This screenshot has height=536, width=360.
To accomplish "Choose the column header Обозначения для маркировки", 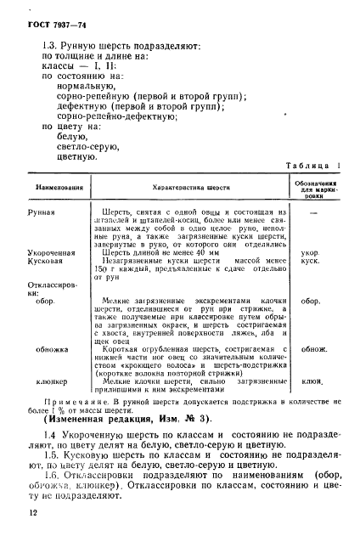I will point(317,185).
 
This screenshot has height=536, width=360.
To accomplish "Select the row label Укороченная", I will point(53,251).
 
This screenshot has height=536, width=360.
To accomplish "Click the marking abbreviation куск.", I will point(315,262).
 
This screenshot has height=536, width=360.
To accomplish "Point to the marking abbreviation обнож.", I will point(315,349).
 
